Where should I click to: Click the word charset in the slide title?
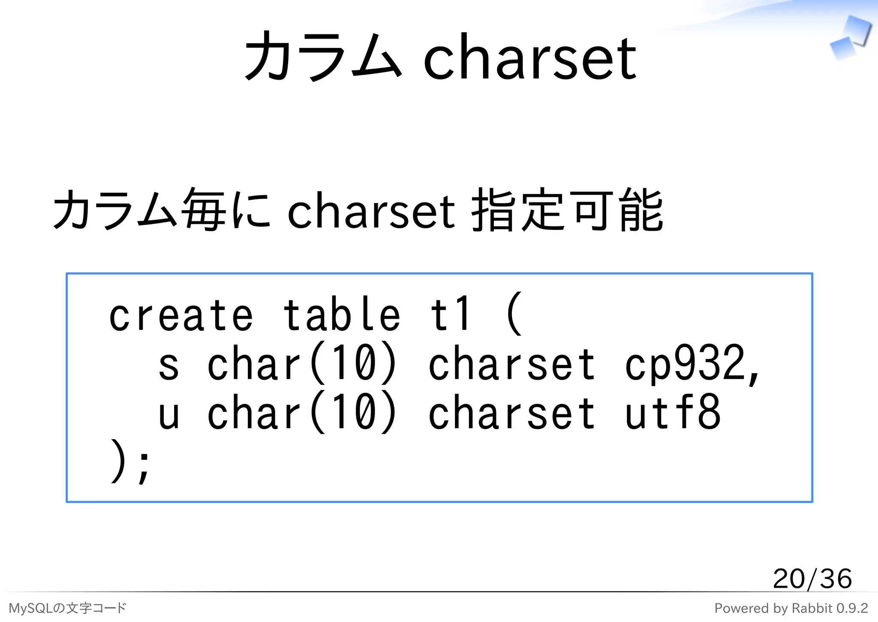point(530,58)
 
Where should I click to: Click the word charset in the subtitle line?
point(371,211)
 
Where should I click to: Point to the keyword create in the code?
point(181,315)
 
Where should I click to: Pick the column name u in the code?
point(168,414)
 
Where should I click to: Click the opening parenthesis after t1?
point(514,314)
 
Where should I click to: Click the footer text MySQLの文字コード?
point(67,608)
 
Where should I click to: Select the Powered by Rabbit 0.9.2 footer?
point(791,608)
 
